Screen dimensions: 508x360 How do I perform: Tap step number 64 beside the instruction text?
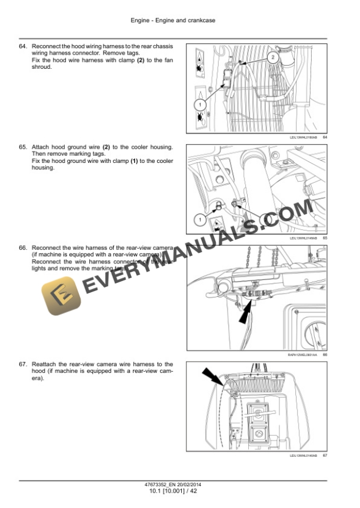click(23, 46)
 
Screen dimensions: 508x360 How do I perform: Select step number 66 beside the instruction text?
click(23, 248)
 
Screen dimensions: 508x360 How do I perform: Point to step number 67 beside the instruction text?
click(23, 365)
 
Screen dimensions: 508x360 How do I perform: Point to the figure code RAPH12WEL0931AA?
click(301, 355)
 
